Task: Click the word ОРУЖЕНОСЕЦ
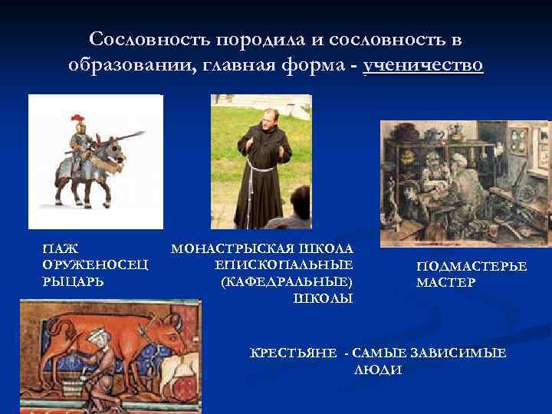pos(95,265)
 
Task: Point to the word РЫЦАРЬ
pos(74,281)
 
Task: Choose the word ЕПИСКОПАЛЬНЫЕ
pos(284,265)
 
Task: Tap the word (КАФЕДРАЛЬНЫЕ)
pos(286,281)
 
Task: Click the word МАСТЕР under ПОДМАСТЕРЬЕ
pos(445,283)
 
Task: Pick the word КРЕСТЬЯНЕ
pos(294,353)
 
